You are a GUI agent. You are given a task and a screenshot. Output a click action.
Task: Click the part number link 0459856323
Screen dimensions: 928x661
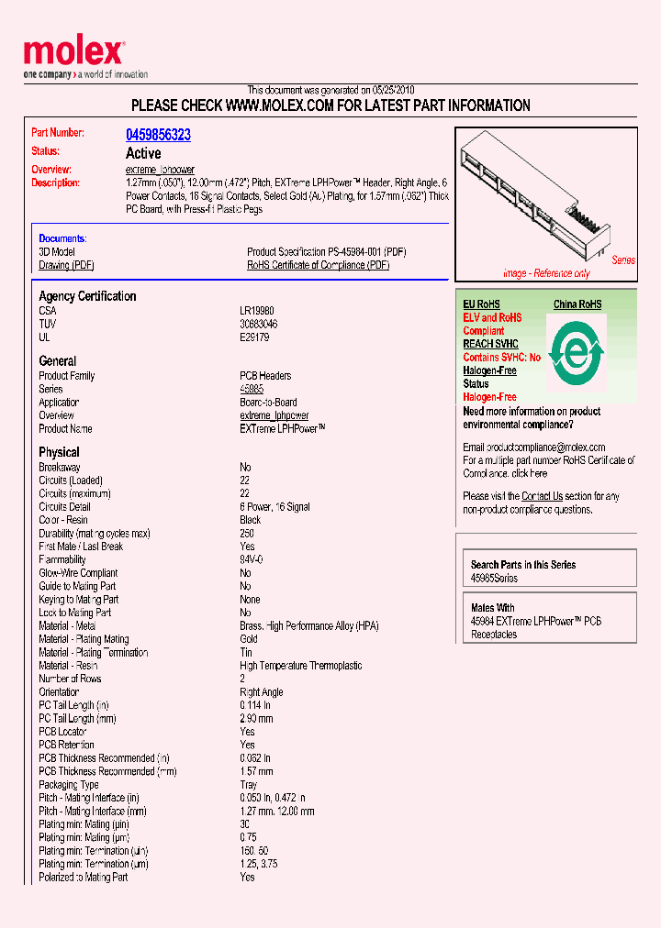click(158, 135)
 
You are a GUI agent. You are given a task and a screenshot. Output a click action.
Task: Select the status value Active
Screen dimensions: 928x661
click(142, 153)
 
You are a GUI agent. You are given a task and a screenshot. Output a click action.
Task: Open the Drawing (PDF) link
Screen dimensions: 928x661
click(66, 265)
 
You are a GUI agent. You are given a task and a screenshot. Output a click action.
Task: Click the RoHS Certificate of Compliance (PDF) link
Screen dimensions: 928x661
click(318, 265)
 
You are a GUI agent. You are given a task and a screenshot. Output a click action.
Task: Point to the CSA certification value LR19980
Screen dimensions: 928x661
click(256, 311)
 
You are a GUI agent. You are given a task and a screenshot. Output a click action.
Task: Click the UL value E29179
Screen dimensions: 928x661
click(254, 337)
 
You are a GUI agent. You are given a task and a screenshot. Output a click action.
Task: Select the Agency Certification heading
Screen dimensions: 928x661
click(87, 296)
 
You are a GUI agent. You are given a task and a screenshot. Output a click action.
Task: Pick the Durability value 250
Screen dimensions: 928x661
click(247, 533)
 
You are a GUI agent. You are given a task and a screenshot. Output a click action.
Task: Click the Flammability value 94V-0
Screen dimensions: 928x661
click(252, 559)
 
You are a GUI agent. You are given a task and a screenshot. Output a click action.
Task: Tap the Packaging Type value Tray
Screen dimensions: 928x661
click(249, 785)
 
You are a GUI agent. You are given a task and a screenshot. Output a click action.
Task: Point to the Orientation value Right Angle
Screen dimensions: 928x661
click(261, 692)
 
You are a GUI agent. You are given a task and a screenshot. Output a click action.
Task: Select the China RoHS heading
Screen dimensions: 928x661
click(577, 304)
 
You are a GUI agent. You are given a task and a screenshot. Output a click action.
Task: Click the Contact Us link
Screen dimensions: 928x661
click(542, 496)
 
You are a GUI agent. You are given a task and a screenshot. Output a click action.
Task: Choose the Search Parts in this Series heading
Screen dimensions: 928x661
click(522, 565)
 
